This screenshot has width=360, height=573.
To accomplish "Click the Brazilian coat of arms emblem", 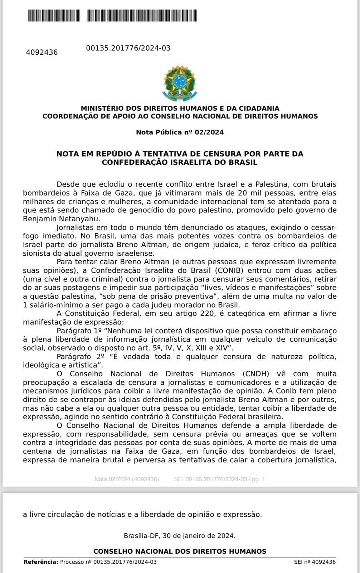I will point(180,83).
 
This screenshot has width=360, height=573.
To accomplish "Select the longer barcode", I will point(142,16).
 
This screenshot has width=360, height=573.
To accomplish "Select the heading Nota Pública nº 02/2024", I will point(180,132).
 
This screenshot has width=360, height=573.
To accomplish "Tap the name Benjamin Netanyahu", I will point(62,219).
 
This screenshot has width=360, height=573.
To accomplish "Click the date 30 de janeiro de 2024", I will point(199,536).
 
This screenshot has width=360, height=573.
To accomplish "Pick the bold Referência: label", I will point(41,562).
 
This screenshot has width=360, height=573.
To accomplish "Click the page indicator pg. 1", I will point(258,479).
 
